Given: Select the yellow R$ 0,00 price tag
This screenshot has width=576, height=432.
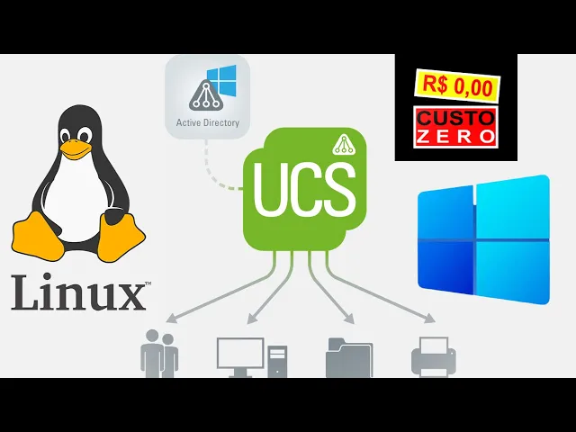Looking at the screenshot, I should pyautogui.click(x=456, y=86).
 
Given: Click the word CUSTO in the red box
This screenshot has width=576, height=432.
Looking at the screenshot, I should pyautogui.click(x=456, y=119).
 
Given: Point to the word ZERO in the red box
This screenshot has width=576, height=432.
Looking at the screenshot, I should pyautogui.click(x=456, y=137).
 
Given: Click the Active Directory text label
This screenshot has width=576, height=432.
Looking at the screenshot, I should pyautogui.click(x=207, y=122).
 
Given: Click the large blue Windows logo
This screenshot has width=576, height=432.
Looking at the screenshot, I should pyautogui.click(x=483, y=238).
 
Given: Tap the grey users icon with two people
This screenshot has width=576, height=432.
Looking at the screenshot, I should pyautogui.click(x=159, y=354).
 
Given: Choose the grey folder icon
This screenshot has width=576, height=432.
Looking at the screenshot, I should pyautogui.click(x=348, y=357).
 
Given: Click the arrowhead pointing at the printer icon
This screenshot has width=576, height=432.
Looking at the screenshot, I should pyautogui.click(x=430, y=319).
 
